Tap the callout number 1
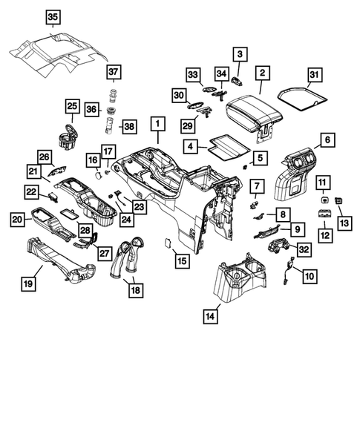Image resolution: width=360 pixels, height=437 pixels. pyautogui.click(x=157, y=123)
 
